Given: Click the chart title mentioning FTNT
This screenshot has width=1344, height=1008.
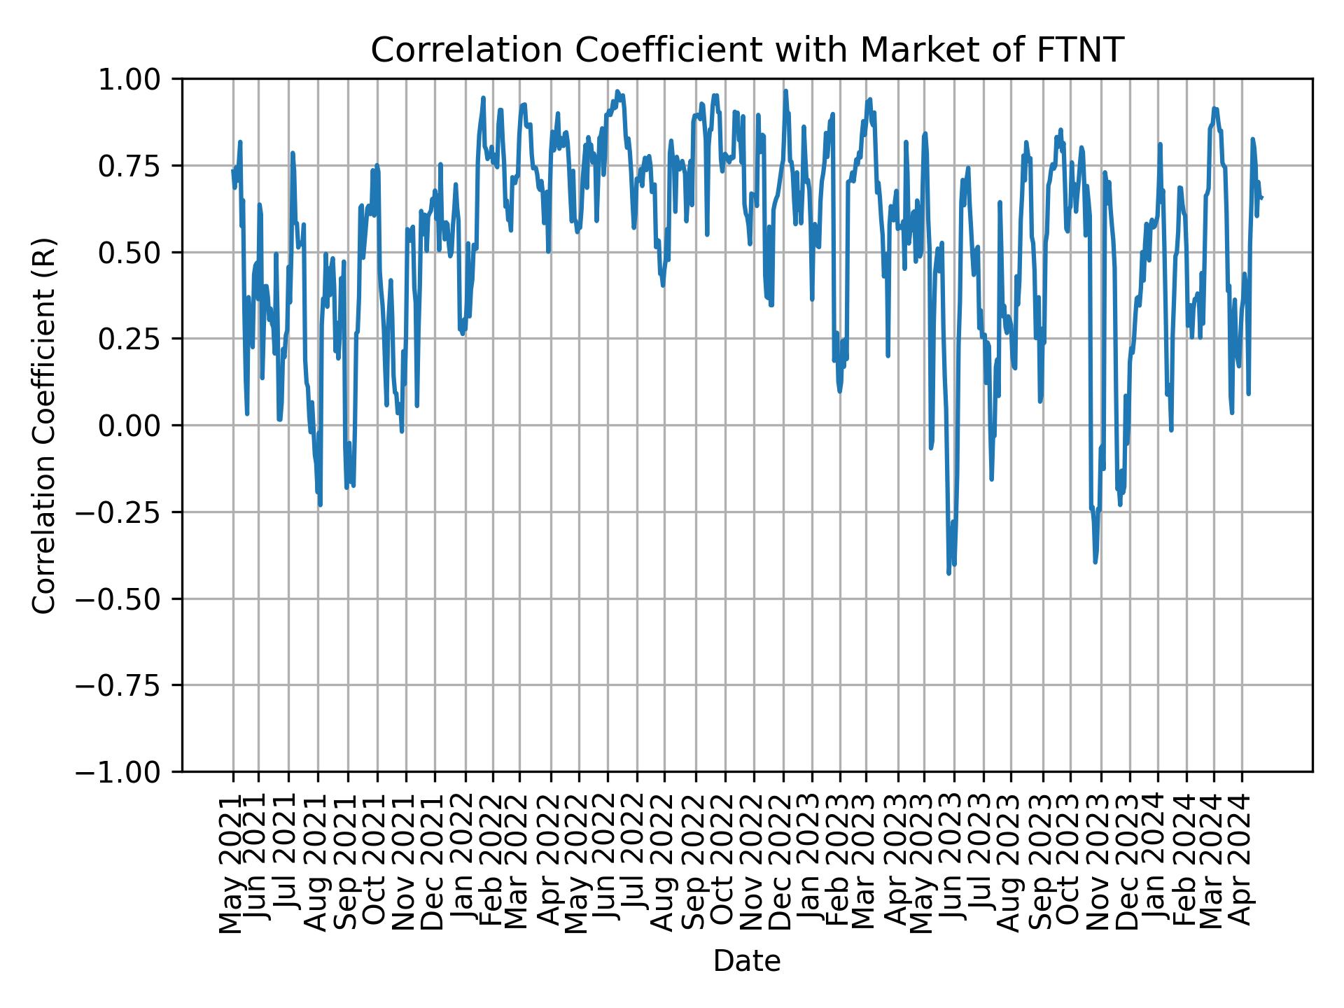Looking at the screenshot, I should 747,50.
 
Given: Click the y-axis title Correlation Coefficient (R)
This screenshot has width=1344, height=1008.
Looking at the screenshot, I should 44,425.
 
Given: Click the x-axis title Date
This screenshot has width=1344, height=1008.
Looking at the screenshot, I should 747,962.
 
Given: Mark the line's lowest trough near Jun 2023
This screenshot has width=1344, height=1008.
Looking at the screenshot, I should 948,573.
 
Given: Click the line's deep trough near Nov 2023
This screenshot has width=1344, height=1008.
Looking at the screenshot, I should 1095,562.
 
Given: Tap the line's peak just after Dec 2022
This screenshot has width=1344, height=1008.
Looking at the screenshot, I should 785,90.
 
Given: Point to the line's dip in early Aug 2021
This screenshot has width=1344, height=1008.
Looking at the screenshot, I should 320,505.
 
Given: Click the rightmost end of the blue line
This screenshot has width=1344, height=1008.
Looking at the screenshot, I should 1261,198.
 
